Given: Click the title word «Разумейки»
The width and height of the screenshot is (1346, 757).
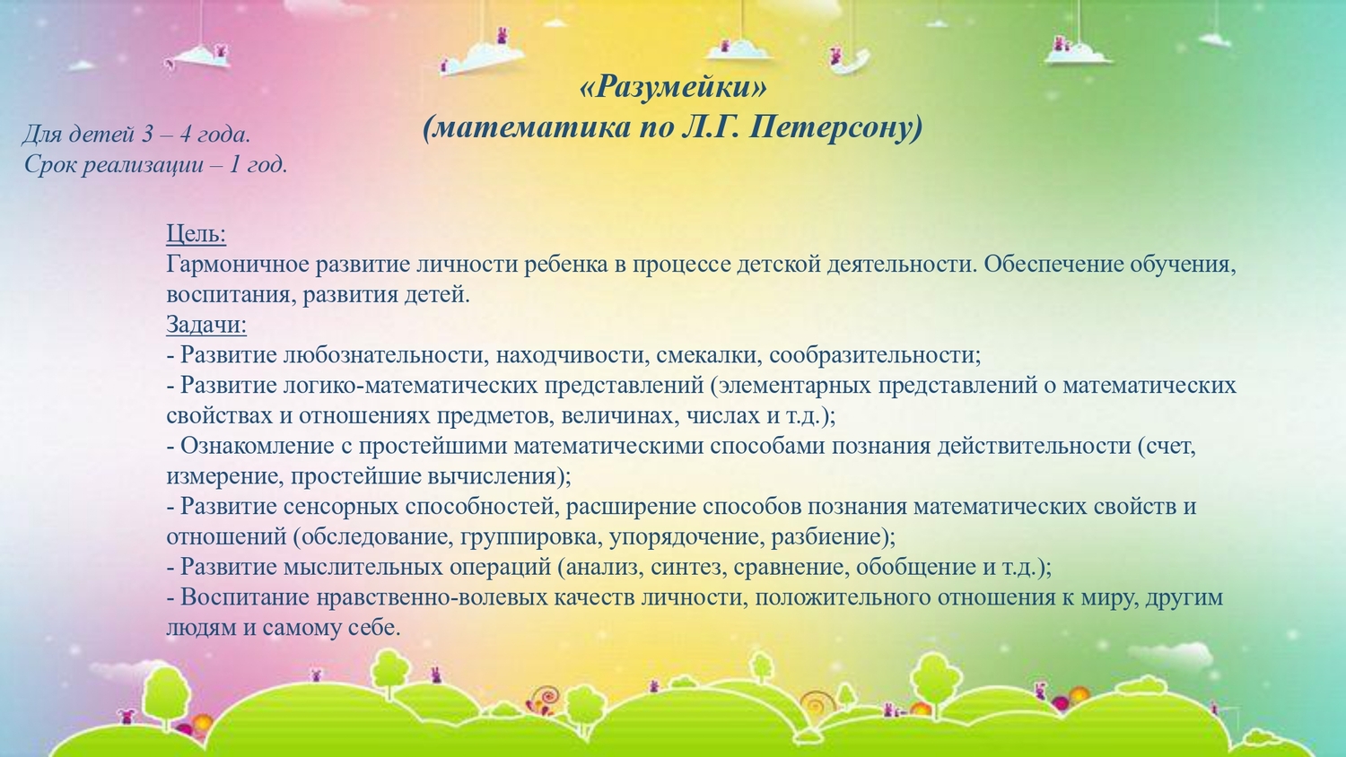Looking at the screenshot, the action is click(673, 87).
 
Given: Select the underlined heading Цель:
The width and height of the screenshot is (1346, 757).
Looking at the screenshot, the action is click(196, 234).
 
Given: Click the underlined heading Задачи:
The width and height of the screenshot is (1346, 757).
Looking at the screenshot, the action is click(206, 325).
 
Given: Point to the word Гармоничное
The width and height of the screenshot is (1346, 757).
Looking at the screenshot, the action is click(238, 265).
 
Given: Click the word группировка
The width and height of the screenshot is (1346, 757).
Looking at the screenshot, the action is click(531, 536).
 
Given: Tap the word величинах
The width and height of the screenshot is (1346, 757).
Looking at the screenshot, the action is click(619, 416).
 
